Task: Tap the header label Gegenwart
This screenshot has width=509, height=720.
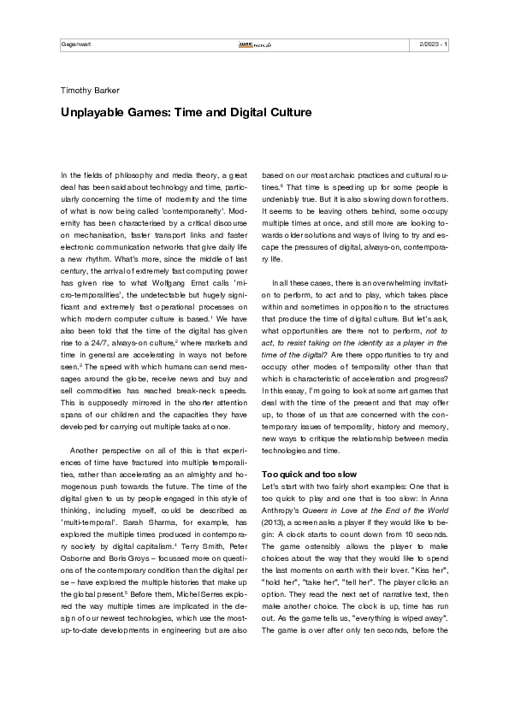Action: pos(76,44)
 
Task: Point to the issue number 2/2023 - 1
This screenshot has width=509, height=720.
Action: pos(435,44)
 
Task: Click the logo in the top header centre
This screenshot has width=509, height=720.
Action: pos(254,44)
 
